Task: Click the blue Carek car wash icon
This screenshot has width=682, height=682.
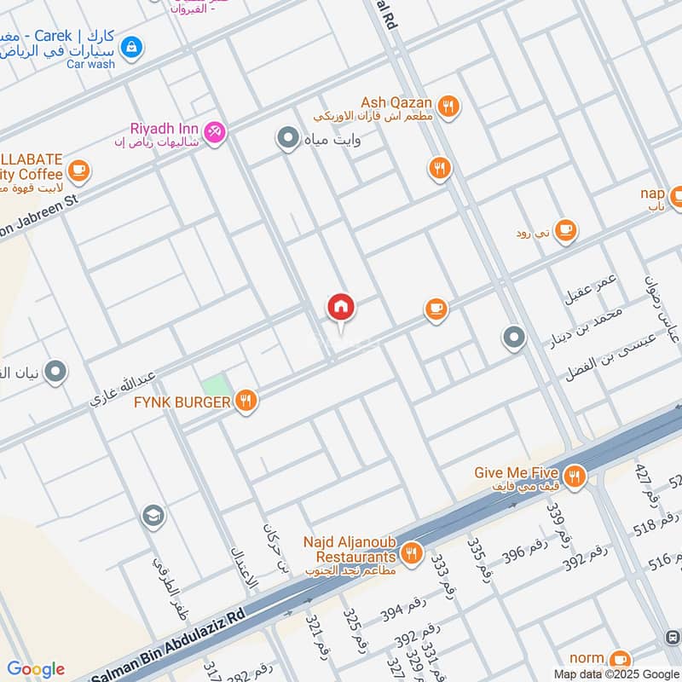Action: click(x=130, y=46)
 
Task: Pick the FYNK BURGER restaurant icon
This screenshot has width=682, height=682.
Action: click(x=246, y=401)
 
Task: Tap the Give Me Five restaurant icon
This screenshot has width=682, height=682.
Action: click(x=575, y=476)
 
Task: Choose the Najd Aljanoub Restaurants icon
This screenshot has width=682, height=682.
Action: click(x=411, y=553)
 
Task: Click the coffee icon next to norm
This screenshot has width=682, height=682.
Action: click(x=620, y=659)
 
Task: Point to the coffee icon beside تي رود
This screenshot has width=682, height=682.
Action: click(x=564, y=230)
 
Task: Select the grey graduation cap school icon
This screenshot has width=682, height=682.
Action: click(x=153, y=516)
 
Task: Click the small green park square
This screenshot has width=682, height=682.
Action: click(x=217, y=384)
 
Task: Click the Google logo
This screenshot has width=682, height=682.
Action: click(x=35, y=669)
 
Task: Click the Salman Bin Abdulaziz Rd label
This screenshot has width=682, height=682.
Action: click(x=170, y=648)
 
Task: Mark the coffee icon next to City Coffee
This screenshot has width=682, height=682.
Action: click(x=78, y=170)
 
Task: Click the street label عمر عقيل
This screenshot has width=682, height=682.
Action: click(x=590, y=286)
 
